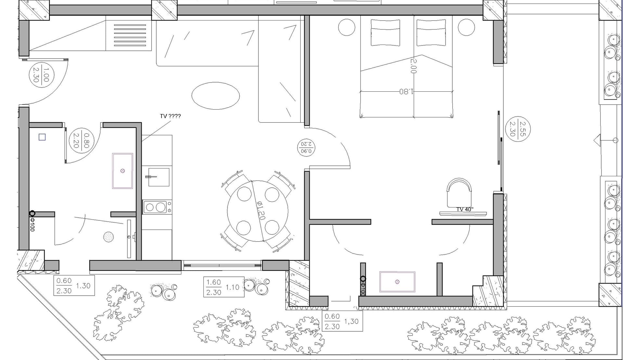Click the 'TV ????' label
[x=170, y=116]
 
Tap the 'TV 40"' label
[x=465, y=209]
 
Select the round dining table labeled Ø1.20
[x=258, y=211]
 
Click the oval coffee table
[x=215, y=96]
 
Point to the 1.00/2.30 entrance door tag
[x=42, y=75]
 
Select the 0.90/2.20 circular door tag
[x=306, y=147]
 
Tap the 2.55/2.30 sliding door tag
[x=518, y=129]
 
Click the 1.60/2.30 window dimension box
[x=224, y=287]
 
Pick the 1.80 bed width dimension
[x=406, y=91]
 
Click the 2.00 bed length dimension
[x=413, y=66]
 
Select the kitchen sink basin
[x=159, y=177]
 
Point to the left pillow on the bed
[x=385, y=33]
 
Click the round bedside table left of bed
[x=346, y=27]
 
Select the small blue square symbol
[x=42, y=137]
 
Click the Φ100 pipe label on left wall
[x=32, y=224]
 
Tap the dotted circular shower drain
[x=109, y=237]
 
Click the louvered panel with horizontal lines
[x=130, y=35]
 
